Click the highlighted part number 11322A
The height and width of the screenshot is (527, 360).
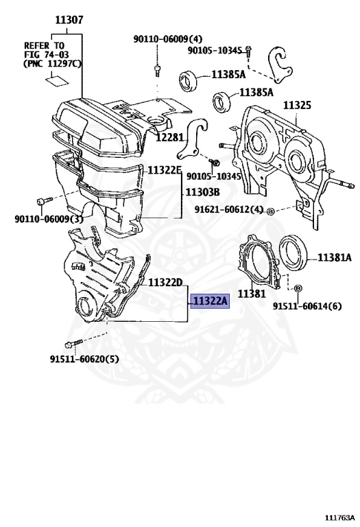pyautogui.click(x=210, y=301)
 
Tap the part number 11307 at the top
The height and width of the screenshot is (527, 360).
pyautogui.click(x=69, y=20)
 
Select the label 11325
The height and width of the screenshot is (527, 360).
pyautogui.click(x=297, y=105)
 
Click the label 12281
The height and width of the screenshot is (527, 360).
pyautogui.click(x=169, y=137)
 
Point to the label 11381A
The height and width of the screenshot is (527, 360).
pyautogui.click(x=334, y=257)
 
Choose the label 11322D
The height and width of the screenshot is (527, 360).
pyautogui.click(x=165, y=283)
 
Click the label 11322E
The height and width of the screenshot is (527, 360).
pyautogui.click(x=164, y=170)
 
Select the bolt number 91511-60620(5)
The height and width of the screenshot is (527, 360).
pyautogui.click(x=84, y=360)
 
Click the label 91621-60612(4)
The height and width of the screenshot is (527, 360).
pyautogui.click(x=229, y=209)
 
